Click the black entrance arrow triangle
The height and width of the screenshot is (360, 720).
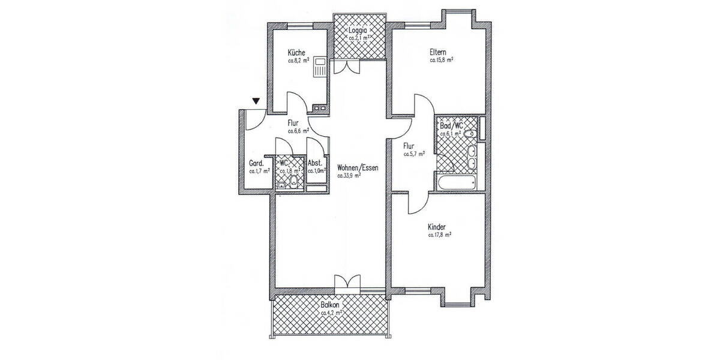point(257,102)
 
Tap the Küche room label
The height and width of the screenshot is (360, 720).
point(296,52)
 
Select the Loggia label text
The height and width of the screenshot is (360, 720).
point(359,30)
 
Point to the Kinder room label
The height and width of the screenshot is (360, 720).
point(438,227)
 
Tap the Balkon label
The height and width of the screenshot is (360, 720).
point(330,305)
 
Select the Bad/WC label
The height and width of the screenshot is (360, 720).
point(451,125)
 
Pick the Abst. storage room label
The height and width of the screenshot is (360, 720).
point(316,163)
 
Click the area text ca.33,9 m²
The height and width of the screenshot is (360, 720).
point(350,176)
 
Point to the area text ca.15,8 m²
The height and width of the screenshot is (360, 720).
point(441,60)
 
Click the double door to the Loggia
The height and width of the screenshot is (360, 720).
point(347,67)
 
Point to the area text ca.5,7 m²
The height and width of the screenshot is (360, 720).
point(415,154)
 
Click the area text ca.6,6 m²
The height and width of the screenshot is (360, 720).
point(298,131)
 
